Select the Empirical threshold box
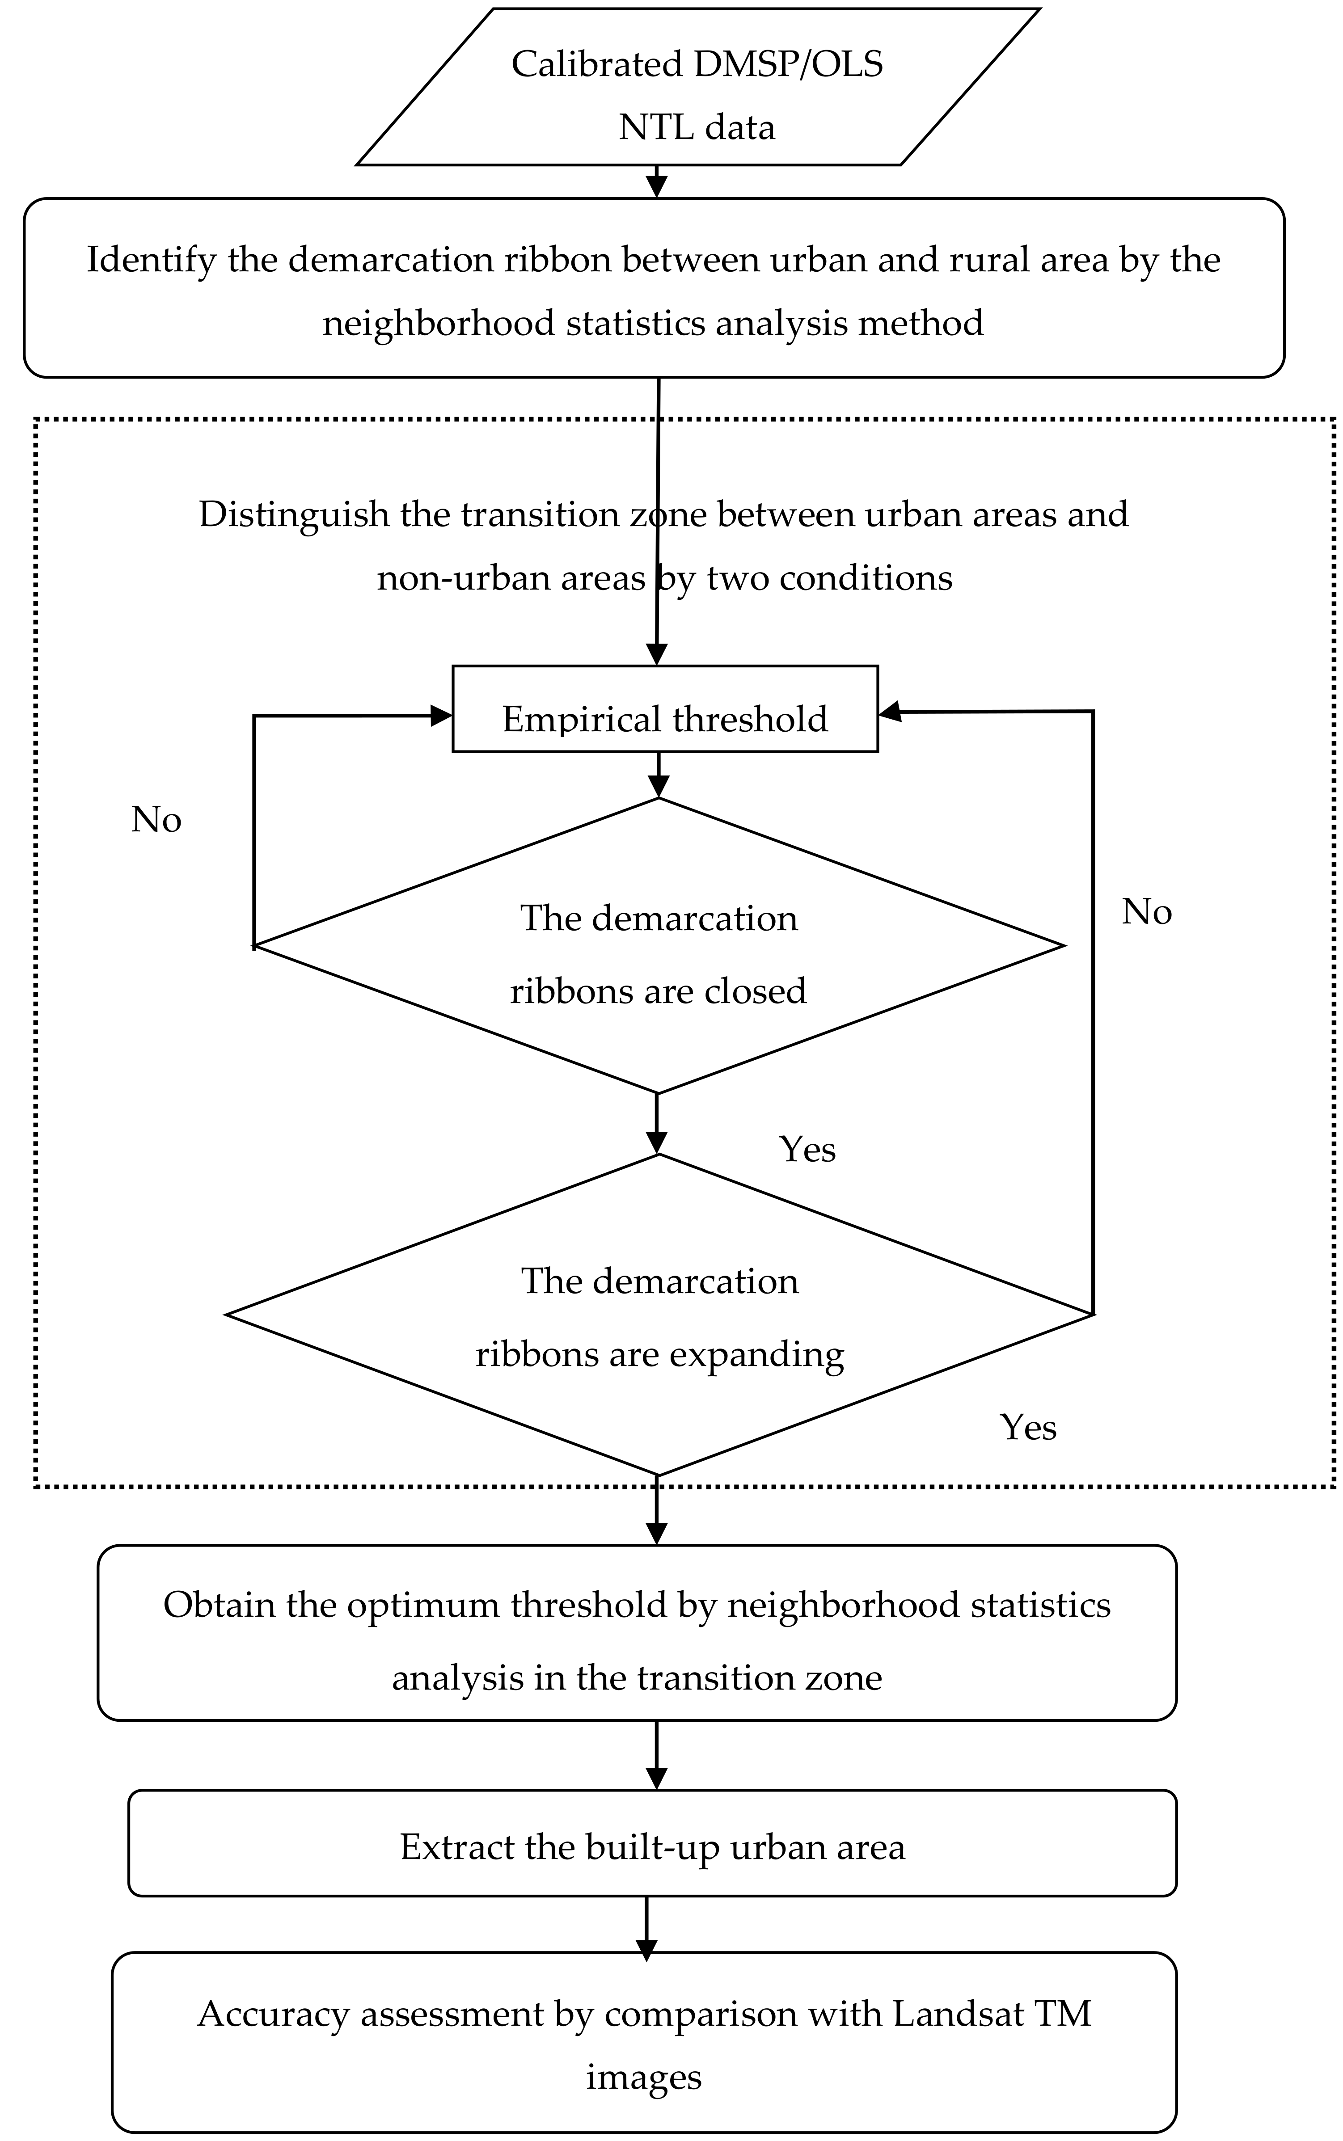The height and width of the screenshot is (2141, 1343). [664, 718]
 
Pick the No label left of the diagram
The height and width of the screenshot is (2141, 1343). [156, 820]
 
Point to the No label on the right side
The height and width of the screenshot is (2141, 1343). [1146, 912]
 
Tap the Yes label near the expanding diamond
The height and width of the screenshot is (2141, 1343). [1028, 1427]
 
